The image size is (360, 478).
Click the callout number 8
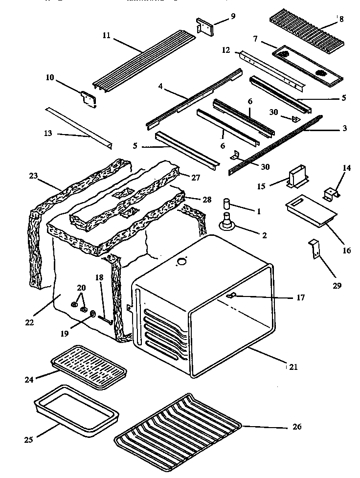click(x=341, y=20)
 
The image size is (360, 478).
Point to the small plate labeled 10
click(x=89, y=98)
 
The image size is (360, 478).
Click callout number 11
click(x=107, y=35)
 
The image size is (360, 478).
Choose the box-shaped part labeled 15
click(x=297, y=178)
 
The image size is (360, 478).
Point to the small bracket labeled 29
click(x=314, y=249)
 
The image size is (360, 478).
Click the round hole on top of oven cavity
click(x=182, y=261)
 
